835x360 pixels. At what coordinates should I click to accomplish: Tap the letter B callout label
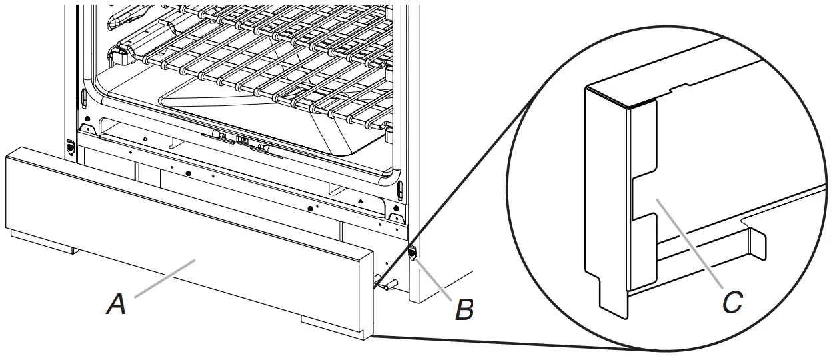pyautogui.click(x=464, y=309)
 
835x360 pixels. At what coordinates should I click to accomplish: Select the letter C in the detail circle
pyautogui.click(x=732, y=303)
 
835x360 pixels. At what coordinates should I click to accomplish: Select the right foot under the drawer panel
pyautogui.click(x=333, y=325)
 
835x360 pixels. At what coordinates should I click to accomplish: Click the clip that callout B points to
pyautogui.click(x=411, y=254)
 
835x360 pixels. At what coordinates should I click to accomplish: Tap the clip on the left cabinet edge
pyautogui.click(x=71, y=147)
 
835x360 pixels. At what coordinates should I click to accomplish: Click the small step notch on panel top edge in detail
pyautogui.click(x=680, y=87)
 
